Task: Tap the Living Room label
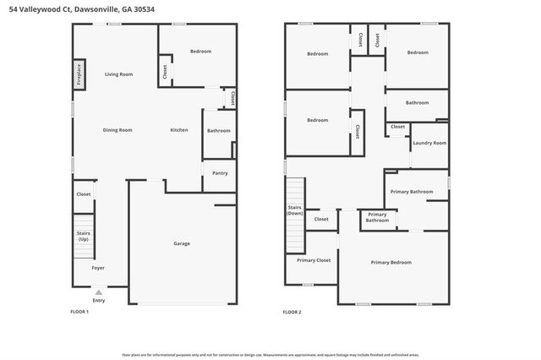pyautogui.click(x=118, y=74)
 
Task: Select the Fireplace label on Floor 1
pyautogui.click(x=79, y=74)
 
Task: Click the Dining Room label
pyautogui.click(x=117, y=130)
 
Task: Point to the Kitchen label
pyautogui.click(x=179, y=130)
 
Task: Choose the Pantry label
pyautogui.click(x=220, y=173)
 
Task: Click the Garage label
pyautogui.click(x=182, y=243)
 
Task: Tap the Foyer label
pyautogui.click(x=99, y=269)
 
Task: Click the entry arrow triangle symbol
pyautogui.click(x=99, y=292)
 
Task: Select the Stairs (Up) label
pyautogui.click(x=84, y=236)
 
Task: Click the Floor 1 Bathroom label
pyautogui.click(x=219, y=130)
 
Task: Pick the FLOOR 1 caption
pyautogui.click(x=79, y=313)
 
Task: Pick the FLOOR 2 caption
pyautogui.click(x=292, y=313)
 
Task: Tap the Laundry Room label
pyautogui.click(x=429, y=143)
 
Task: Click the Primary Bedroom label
pyautogui.click(x=391, y=263)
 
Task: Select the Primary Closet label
pyautogui.click(x=314, y=259)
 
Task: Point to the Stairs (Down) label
pyautogui.click(x=294, y=210)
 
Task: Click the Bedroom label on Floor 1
pyautogui.click(x=200, y=52)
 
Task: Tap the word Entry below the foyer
pyautogui.click(x=99, y=300)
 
